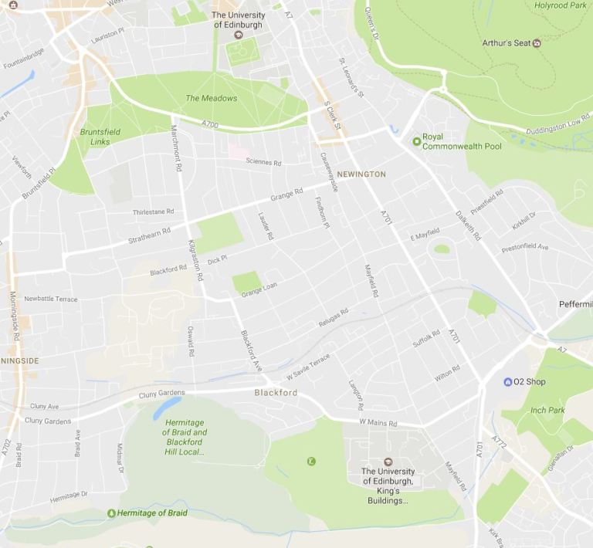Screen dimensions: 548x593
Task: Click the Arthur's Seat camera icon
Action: click(x=537, y=43)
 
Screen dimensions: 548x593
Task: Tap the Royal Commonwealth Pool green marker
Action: click(x=417, y=140)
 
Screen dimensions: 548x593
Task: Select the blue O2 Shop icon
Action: click(x=507, y=382)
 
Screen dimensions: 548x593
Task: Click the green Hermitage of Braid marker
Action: click(x=112, y=513)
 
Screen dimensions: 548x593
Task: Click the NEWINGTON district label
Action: click(x=361, y=174)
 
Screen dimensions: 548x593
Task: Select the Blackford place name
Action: click(x=276, y=393)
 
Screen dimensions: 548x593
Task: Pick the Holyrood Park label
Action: click(x=561, y=5)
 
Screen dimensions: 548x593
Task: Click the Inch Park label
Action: click(x=547, y=410)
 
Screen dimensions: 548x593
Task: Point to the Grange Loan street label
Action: click(x=259, y=289)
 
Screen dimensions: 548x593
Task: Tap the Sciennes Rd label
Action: click(x=263, y=163)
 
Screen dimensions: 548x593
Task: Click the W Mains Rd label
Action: click(x=378, y=423)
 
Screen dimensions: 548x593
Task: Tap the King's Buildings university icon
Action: click(x=388, y=461)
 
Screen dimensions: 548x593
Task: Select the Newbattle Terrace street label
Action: click(x=51, y=299)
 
